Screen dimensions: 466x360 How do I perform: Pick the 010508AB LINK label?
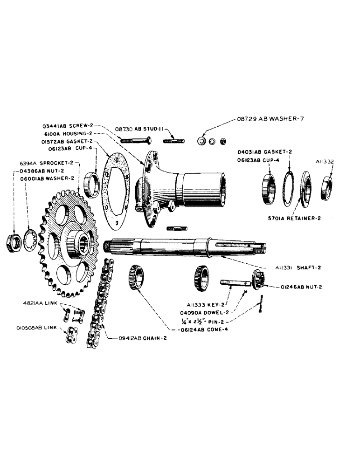click(36, 328)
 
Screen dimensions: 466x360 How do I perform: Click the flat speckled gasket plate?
click(115, 191)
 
